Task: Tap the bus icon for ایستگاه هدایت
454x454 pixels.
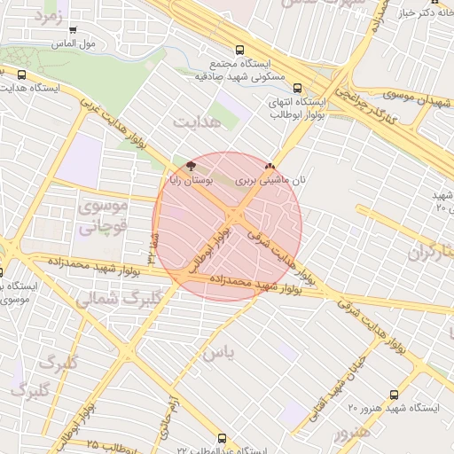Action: coord(22,75)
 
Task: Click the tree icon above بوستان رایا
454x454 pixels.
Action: coord(191,166)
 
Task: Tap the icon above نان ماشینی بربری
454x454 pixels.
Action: coord(270,166)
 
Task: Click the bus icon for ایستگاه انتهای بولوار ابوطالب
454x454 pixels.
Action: coord(296,88)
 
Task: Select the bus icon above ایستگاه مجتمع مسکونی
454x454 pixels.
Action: coord(239,51)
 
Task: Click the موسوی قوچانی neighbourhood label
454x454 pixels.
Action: coord(103,215)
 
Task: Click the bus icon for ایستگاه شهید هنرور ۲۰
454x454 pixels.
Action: coord(394,395)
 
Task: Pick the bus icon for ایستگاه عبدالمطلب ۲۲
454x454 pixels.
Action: coord(221,438)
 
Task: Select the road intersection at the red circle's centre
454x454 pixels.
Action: coord(236,218)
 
